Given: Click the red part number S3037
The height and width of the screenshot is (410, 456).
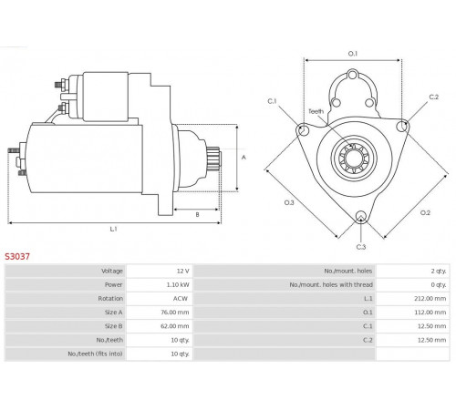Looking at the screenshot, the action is tap(17, 257).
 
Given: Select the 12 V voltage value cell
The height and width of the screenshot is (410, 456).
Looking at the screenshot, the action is tap(183, 271).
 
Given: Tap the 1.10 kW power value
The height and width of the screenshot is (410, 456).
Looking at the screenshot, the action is tap(178, 284).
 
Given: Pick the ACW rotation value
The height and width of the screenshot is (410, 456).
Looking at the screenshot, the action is tap(181, 299).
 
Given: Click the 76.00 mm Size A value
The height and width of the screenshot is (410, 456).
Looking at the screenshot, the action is tap(175, 313).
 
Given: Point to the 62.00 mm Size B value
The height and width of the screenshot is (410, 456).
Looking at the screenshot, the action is tap(175, 326).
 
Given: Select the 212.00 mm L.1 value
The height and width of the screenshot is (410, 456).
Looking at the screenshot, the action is tap(430, 299).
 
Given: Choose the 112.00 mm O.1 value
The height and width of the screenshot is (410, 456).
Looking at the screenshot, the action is tap(430, 313).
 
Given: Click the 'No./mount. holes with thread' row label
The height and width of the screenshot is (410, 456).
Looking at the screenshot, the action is tap(331, 284).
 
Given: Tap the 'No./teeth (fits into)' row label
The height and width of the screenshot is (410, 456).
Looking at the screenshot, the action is tap(95, 354).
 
